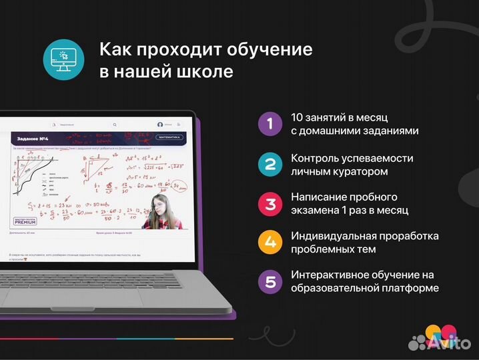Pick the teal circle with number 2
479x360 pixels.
click(270, 164)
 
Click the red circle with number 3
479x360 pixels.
click(270, 203)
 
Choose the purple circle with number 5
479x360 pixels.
click(270, 281)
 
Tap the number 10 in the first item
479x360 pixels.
click(298, 118)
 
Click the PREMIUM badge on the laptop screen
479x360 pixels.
click(25, 220)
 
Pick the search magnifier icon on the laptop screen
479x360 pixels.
click(115, 124)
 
